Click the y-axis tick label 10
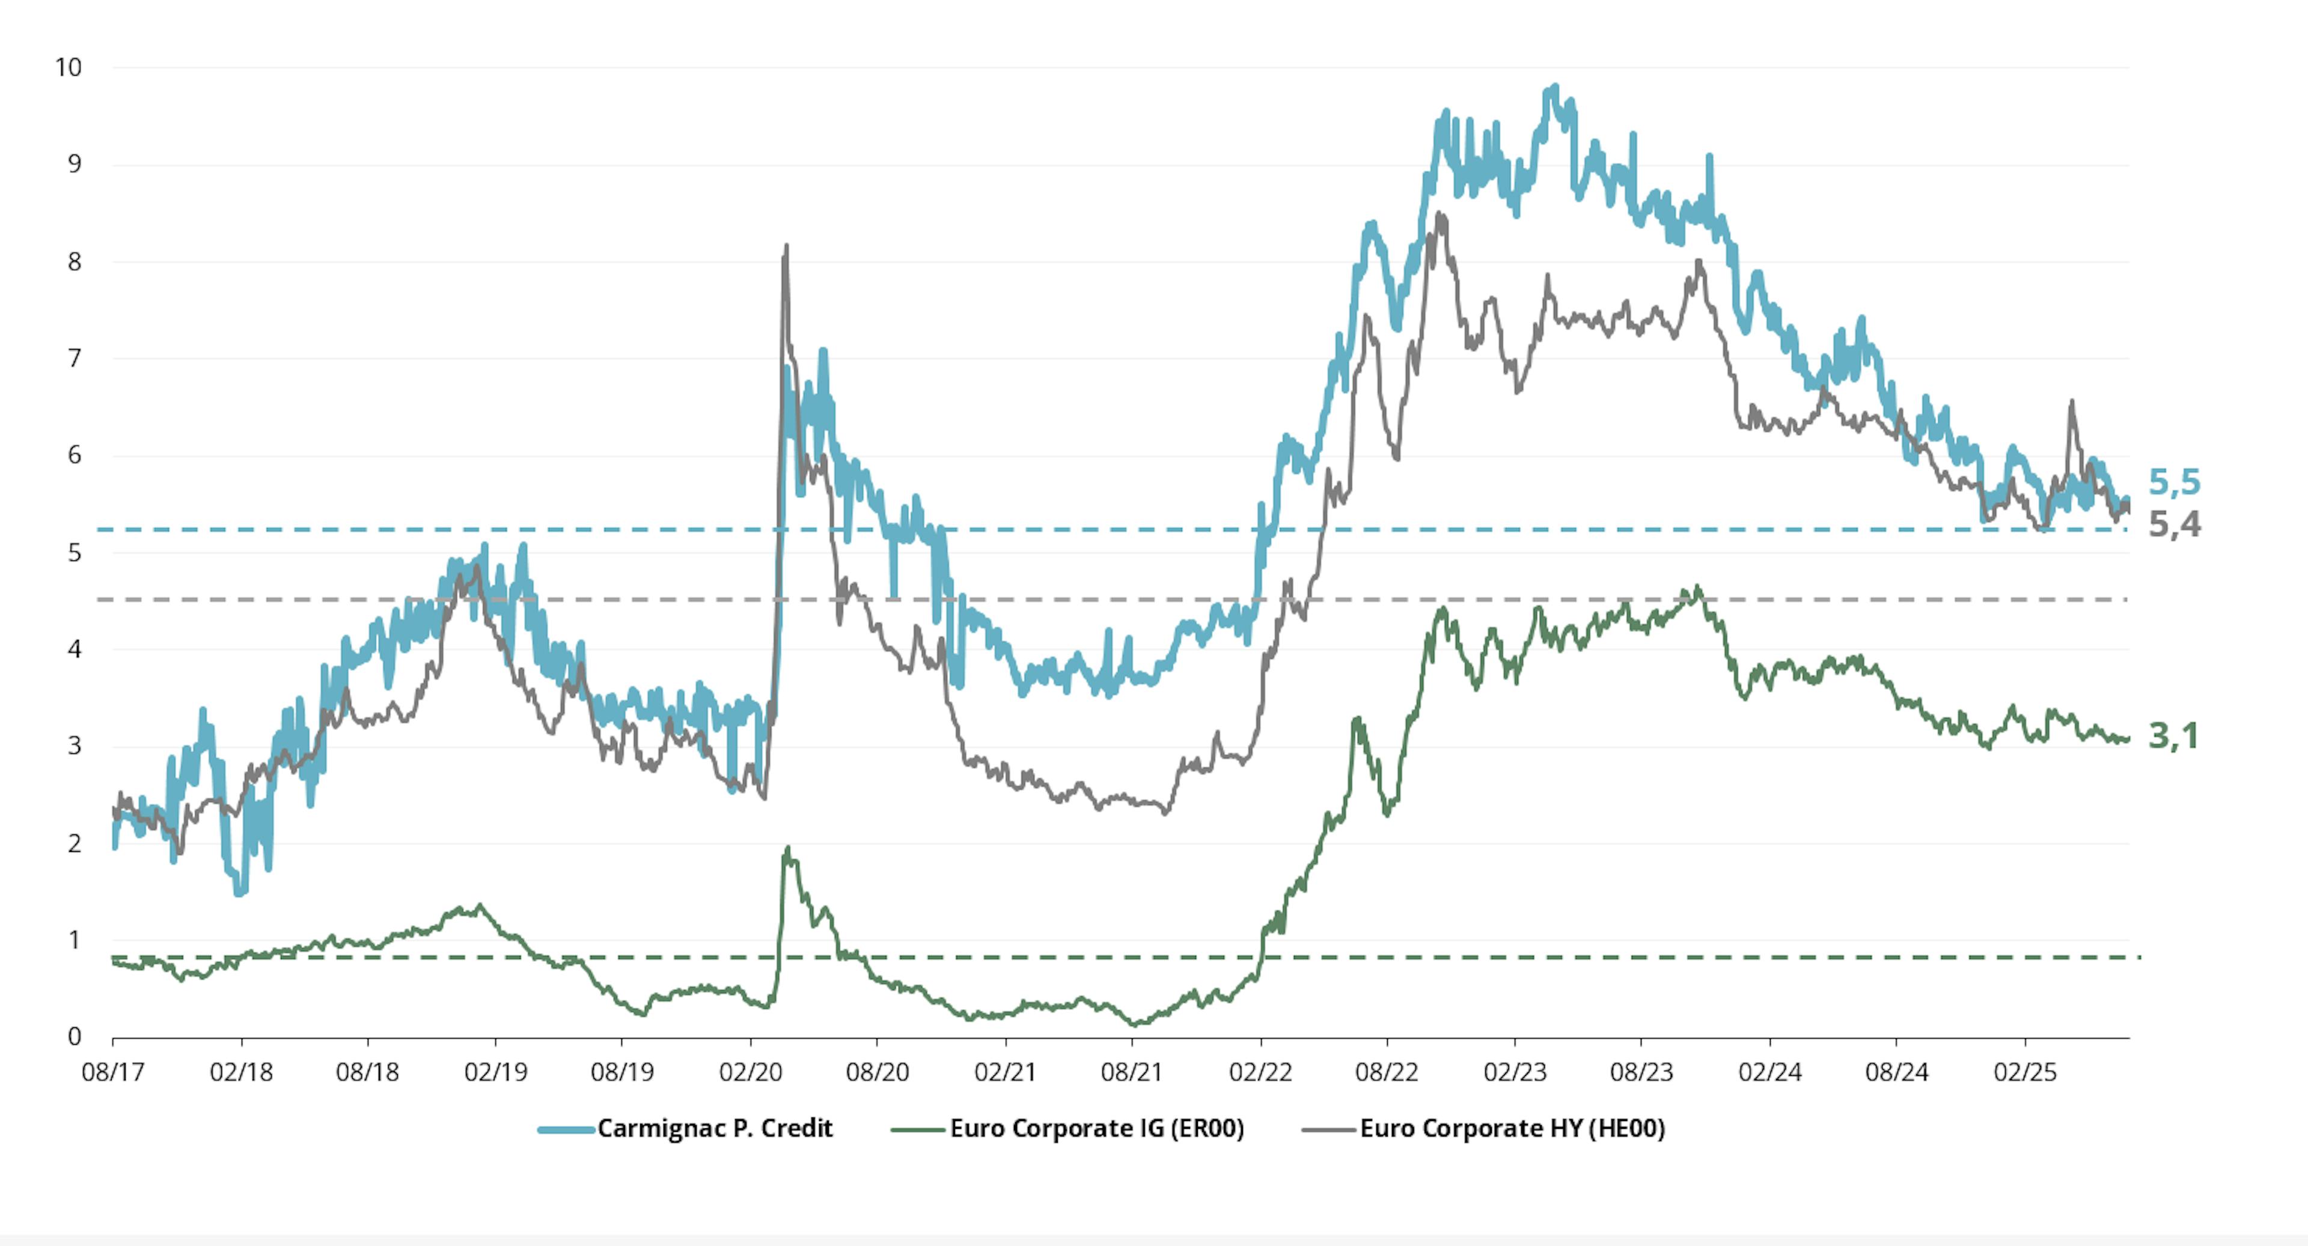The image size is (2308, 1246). [x=68, y=68]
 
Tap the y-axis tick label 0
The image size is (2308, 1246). [x=75, y=1036]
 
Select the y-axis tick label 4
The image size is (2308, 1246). [x=75, y=649]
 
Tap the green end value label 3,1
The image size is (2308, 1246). [x=2173, y=737]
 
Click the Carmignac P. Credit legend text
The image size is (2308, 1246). [x=715, y=1129]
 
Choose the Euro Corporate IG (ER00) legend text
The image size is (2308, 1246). [x=1097, y=1129]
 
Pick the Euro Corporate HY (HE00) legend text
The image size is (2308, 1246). [x=1512, y=1129]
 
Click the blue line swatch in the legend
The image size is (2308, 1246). [x=566, y=1129]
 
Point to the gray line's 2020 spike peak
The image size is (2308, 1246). [x=786, y=246]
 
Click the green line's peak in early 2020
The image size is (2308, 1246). [x=787, y=847]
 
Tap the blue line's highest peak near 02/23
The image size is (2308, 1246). [x=1554, y=87]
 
